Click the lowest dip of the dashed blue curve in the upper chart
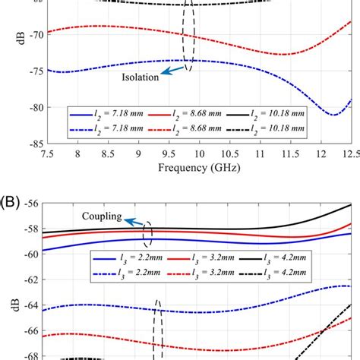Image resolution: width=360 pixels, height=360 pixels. click(x=333, y=115)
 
